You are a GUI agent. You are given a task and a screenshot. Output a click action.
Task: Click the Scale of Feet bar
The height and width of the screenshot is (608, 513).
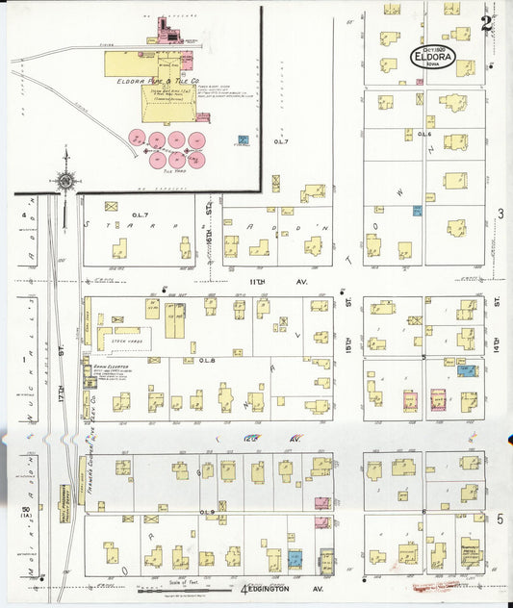178,590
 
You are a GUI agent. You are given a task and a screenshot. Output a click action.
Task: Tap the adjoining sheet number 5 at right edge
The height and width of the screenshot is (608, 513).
500,519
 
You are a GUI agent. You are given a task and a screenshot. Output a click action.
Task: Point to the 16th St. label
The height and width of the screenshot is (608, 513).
209,207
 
